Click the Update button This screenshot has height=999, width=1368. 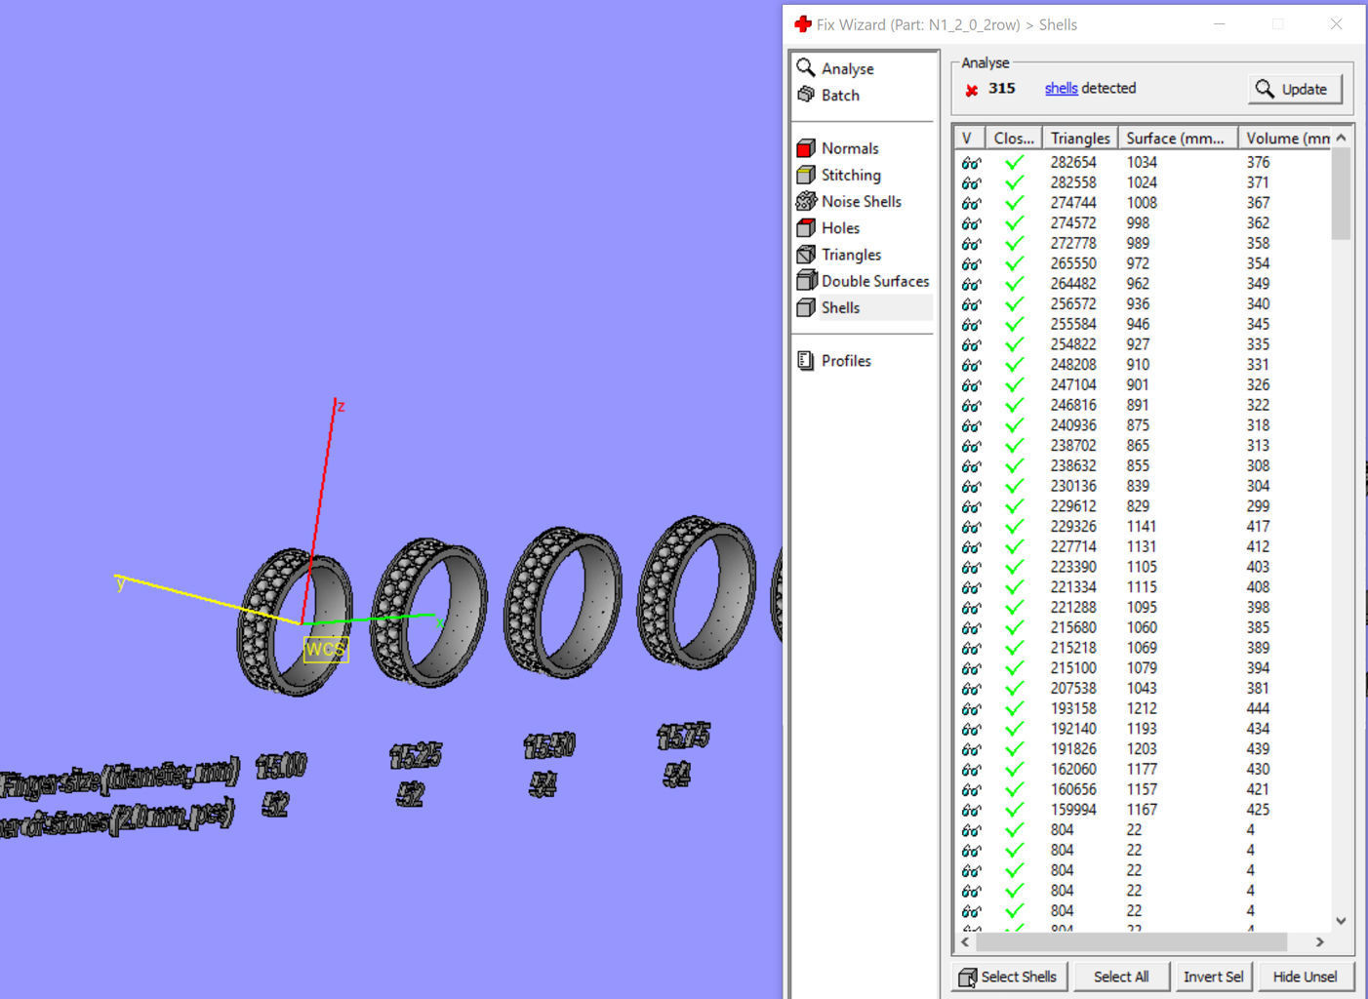click(x=1294, y=89)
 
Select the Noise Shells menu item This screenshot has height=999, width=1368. click(x=860, y=201)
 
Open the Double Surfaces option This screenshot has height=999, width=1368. click(x=873, y=281)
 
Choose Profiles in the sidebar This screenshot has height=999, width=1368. click(x=845, y=361)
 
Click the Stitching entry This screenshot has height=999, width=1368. click(x=850, y=175)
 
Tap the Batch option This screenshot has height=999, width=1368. click(x=839, y=95)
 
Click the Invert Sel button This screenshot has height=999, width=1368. click(x=1212, y=977)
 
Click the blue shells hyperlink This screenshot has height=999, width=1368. click(x=1061, y=88)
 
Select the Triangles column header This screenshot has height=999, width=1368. click(x=1079, y=139)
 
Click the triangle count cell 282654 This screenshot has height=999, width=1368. click(x=1073, y=162)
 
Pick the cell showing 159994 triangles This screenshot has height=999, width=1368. click(x=1073, y=810)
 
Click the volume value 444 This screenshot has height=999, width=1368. click(x=1258, y=708)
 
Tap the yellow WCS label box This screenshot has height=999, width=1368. click(x=325, y=650)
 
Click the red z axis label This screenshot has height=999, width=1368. click(x=341, y=406)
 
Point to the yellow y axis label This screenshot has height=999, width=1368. click(x=120, y=583)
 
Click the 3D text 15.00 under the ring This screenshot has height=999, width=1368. click(x=281, y=767)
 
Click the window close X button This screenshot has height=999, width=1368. click(x=1336, y=24)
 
